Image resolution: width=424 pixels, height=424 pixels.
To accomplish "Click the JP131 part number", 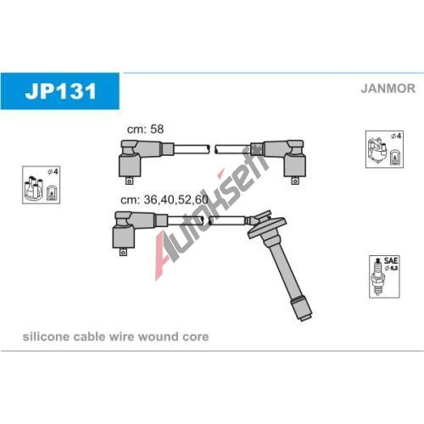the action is [60, 91].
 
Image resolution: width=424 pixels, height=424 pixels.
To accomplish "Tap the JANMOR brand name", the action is [388, 88].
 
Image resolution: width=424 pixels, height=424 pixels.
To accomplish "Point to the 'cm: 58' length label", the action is [145, 129].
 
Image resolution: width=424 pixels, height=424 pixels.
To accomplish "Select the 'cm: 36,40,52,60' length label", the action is [165, 200].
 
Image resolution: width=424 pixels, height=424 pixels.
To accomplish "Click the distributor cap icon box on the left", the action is [42, 185].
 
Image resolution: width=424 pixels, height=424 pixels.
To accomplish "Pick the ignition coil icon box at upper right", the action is [384, 149].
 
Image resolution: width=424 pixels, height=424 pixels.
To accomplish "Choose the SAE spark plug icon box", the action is [384, 276].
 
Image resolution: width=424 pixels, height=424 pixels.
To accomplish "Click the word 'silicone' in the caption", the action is [46, 337].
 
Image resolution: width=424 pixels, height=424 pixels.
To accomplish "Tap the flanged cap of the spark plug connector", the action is [267, 224].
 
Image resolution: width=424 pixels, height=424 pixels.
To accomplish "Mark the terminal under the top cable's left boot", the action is [129, 181].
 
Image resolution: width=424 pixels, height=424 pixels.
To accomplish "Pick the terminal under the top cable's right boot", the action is [295, 181].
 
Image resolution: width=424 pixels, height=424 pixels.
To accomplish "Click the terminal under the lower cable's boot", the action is [123, 252].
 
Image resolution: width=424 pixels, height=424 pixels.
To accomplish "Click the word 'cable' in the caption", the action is [89, 337].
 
